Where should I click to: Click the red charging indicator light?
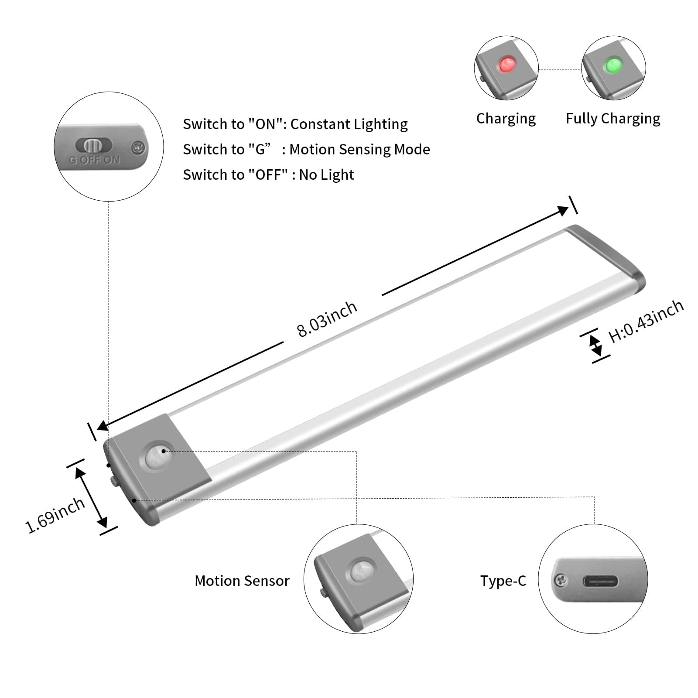tap(506, 65)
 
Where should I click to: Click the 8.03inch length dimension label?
tap(327, 319)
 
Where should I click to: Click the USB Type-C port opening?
tap(600, 581)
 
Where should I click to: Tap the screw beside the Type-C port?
tap(561, 581)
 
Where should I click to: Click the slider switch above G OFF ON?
tap(94, 145)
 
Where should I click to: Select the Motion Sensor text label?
tap(242, 581)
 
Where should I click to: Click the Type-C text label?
tap(503, 581)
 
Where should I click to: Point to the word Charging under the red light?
tap(506, 119)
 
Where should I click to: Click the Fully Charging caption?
tap(612, 119)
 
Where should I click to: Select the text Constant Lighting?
tap(349, 124)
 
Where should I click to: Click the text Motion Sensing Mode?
tap(359, 150)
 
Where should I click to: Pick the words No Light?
tap(326, 175)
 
